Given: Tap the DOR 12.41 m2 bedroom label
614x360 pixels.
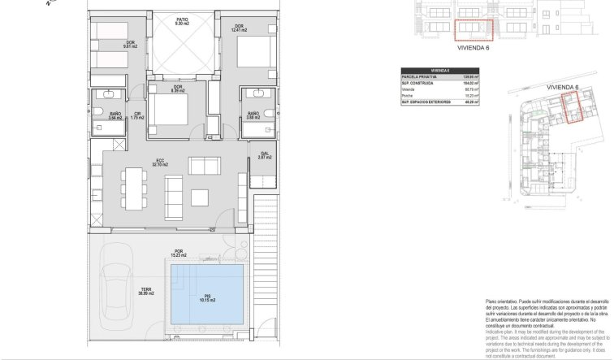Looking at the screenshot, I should coord(240,28).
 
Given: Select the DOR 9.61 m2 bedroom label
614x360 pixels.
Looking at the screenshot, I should coord(129,45).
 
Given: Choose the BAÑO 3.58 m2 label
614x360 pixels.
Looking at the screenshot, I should coord(253,115).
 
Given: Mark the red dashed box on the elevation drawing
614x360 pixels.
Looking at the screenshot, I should coord(473,29).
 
